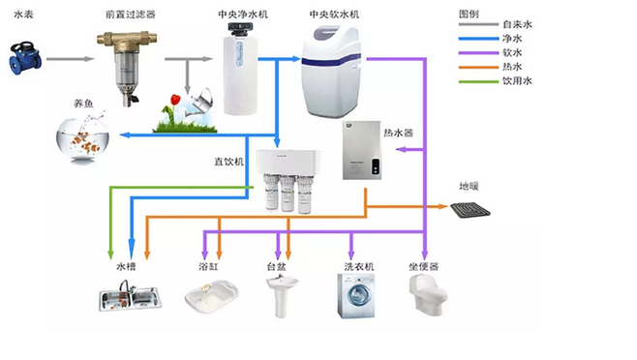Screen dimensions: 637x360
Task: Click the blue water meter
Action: pyautogui.click(x=25, y=58)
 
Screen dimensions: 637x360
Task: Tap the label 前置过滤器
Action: pyautogui.click(x=130, y=15)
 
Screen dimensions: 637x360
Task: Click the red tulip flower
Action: pyautogui.click(x=175, y=99)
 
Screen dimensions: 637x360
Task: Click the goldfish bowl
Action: pyautogui.click(x=83, y=139)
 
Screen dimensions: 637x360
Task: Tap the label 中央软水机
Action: pyautogui.click(x=334, y=15)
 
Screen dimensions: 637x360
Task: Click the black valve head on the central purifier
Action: pyautogui.click(x=240, y=28)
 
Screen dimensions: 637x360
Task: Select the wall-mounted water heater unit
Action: pyautogui.click(x=361, y=150)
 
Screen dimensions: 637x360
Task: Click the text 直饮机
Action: pyautogui.click(x=228, y=162)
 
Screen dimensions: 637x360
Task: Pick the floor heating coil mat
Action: pyautogui.click(x=470, y=210)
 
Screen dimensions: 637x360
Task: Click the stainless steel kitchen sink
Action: pyautogui.click(x=130, y=297)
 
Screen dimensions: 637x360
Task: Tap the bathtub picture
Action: pyautogui.click(x=212, y=297)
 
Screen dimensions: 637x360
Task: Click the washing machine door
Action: pyautogui.click(x=358, y=294)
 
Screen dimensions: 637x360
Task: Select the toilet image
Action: pyautogui.click(x=427, y=295)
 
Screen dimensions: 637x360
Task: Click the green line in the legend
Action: pyautogui.click(x=478, y=81)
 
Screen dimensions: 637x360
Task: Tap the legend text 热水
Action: pyautogui.click(x=512, y=67)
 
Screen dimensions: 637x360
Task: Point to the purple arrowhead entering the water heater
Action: pyautogui.click(x=401, y=150)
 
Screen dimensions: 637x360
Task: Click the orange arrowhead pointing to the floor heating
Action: pyautogui.click(x=442, y=206)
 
